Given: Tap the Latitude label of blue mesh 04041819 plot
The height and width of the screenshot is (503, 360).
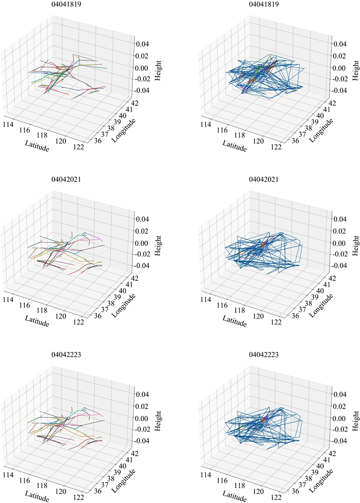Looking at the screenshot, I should [x=235, y=145].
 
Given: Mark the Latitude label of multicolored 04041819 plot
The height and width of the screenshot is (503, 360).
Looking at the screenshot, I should [x=37, y=145].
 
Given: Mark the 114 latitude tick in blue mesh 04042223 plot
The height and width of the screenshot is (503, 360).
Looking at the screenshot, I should [x=206, y=475].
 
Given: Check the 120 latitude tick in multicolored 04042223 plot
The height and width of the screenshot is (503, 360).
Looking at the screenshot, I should [x=61, y=490].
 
